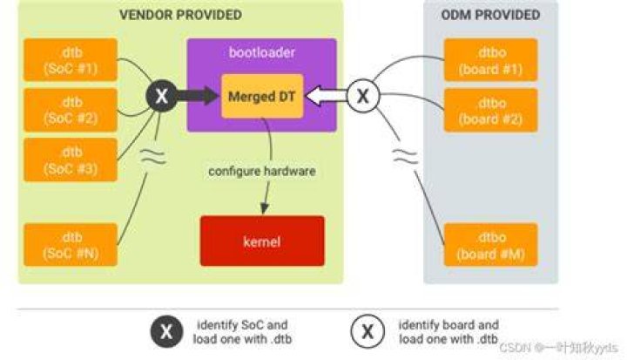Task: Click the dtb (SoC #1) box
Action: pos(71,60)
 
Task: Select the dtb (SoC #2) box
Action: pos(71,110)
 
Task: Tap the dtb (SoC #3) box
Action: pos(71,160)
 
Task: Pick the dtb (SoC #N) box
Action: pos(71,245)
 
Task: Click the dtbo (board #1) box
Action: pos(490,60)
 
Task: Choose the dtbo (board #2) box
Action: pos(490,110)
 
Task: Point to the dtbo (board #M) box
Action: pos(490,245)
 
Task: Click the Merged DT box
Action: pos(262,96)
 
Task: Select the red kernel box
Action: pos(262,241)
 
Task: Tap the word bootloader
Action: pos(262,52)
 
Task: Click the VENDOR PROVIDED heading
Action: pos(181,15)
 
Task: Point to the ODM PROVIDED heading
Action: pos(490,15)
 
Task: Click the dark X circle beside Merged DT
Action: pos(162,96)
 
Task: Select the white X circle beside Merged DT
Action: pos(363,96)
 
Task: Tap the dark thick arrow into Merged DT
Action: pos(198,96)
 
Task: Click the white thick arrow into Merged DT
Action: pos(327,96)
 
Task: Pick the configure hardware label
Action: pos(262,172)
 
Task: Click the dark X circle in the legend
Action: pos(166,331)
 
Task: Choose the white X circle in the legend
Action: pos(367,331)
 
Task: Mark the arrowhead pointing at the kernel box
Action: pos(265,208)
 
